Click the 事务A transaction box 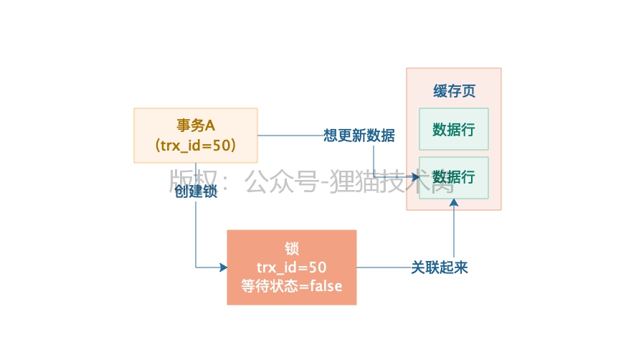click(195, 135)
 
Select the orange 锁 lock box click(291, 267)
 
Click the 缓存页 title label click(454, 92)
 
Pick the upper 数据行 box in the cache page click(453, 129)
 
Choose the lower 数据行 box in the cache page click(453, 177)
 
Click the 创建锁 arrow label click(196, 191)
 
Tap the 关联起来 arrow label click(440, 267)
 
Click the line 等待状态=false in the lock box click(292, 286)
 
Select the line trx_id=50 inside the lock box click(292, 267)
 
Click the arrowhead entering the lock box click(223, 267)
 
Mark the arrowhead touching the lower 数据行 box click(415, 176)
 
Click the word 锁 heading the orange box click(292, 249)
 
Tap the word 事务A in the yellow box click(196, 125)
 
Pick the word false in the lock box click(326, 286)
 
